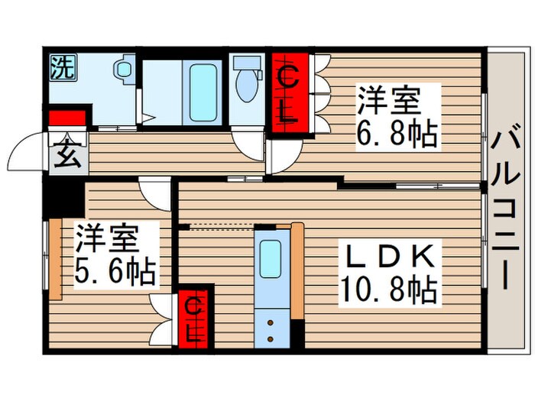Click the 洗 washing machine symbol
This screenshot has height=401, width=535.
(63, 68)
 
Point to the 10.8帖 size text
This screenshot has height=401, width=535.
(390, 290)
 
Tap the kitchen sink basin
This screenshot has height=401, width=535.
(271, 259)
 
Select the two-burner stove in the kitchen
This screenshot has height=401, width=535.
(271, 328)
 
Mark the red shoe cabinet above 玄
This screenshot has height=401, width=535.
(66, 118)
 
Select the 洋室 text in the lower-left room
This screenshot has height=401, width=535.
(106, 239)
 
